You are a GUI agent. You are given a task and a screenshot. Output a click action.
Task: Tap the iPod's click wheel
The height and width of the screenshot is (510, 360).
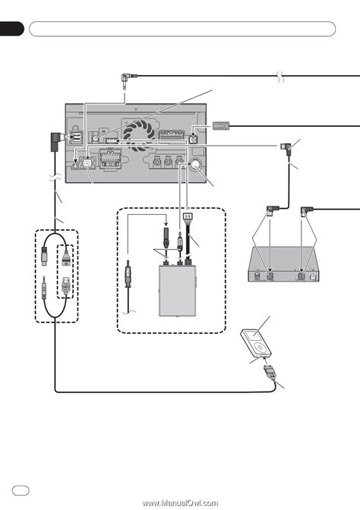(x=261, y=347)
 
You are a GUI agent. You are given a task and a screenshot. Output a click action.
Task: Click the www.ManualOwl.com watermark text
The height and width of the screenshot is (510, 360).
(x=180, y=503)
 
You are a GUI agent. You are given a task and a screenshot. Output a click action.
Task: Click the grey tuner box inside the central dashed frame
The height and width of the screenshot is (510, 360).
(x=178, y=291)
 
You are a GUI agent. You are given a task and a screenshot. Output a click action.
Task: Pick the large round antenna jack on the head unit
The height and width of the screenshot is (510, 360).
(x=196, y=164)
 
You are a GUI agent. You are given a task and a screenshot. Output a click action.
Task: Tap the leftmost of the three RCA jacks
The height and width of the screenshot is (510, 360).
(x=157, y=162)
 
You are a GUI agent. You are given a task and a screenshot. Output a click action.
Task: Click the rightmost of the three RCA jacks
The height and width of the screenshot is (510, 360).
(x=179, y=162)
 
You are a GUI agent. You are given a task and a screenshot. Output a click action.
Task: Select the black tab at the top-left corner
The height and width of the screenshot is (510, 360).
(x=11, y=29)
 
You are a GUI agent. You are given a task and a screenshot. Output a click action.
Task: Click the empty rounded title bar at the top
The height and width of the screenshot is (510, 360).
(x=182, y=29)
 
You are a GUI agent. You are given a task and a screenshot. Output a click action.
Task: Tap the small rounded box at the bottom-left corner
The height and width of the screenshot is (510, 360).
(x=21, y=490)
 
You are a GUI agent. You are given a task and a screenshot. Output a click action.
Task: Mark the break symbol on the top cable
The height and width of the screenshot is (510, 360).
(x=281, y=76)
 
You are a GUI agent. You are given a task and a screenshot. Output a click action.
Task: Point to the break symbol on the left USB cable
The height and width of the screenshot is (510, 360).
(x=55, y=178)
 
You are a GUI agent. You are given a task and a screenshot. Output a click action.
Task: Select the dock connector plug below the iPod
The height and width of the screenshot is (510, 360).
(x=270, y=371)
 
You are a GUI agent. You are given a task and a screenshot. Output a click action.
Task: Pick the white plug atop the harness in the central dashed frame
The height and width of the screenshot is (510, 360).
(x=187, y=216)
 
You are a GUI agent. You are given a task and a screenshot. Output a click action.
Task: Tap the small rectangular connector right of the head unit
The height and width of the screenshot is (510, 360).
(x=221, y=126)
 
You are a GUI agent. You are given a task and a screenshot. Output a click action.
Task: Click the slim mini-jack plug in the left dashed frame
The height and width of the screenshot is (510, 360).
(x=44, y=288)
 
